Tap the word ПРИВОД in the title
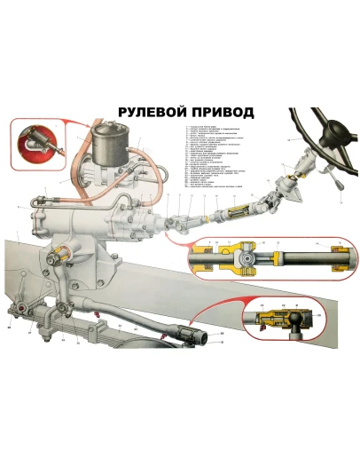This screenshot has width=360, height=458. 222,113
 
